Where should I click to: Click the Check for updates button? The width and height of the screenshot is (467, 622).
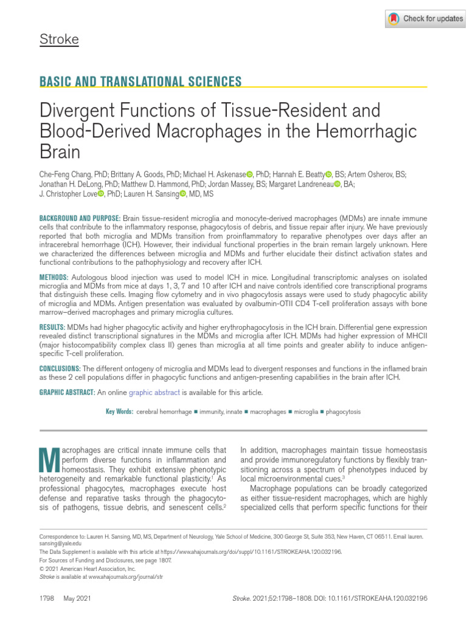425,19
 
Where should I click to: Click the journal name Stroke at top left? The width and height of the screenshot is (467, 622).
59,40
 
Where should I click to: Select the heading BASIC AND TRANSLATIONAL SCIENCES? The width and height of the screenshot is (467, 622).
140,82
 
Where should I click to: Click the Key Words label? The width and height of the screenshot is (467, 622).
119,412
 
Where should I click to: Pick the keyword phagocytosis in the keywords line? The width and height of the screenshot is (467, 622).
343,412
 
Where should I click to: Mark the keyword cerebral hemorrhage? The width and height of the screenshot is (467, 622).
164,412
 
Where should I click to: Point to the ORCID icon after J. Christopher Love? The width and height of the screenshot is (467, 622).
101,194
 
